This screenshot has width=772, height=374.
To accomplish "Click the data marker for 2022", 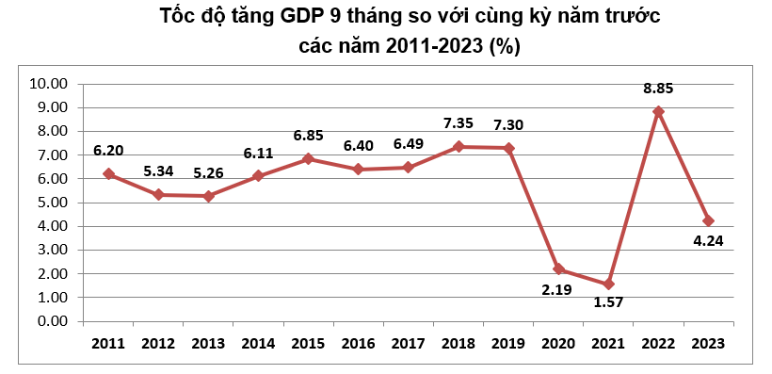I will [x=659, y=111].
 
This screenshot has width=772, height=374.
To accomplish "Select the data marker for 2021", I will [x=609, y=284].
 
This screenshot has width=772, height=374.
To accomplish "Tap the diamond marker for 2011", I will [x=109, y=174].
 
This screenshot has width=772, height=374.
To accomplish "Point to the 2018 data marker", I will [x=458, y=146].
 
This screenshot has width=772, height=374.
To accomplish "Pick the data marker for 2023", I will [x=709, y=220].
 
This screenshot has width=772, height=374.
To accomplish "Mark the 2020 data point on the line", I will [x=559, y=269].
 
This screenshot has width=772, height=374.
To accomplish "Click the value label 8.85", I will [x=658, y=89].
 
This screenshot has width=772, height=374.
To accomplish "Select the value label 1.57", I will [x=607, y=303].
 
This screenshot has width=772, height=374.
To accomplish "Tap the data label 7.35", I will [x=459, y=123].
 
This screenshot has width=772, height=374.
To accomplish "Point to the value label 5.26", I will [x=209, y=173].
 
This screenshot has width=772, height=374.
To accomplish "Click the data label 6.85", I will [x=309, y=136].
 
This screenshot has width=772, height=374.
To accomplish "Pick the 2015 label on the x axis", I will [x=309, y=343].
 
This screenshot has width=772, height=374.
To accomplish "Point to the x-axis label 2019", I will [x=508, y=343].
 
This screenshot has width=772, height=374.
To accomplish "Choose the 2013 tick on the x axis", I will [x=209, y=343].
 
